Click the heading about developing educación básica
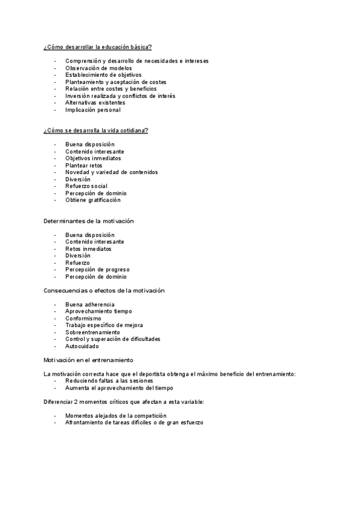click(97, 47)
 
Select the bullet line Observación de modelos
click(95, 68)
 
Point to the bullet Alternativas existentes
click(95, 103)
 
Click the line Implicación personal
click(92, 110)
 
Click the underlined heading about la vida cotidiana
click(95, 130)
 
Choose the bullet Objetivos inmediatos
click(93, 158)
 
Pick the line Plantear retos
click(83, 165)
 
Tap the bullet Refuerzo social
click(86, 186)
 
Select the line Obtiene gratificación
click(93, 200)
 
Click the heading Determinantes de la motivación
click(88, 221)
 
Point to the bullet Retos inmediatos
click(88, 248)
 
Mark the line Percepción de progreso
click(97, 270)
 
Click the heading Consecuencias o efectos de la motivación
click(104, 291)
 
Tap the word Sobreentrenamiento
click(92, 332)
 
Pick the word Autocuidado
click(82, 346)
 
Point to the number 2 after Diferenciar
click(78, 402)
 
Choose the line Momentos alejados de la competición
click(116, 416)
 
